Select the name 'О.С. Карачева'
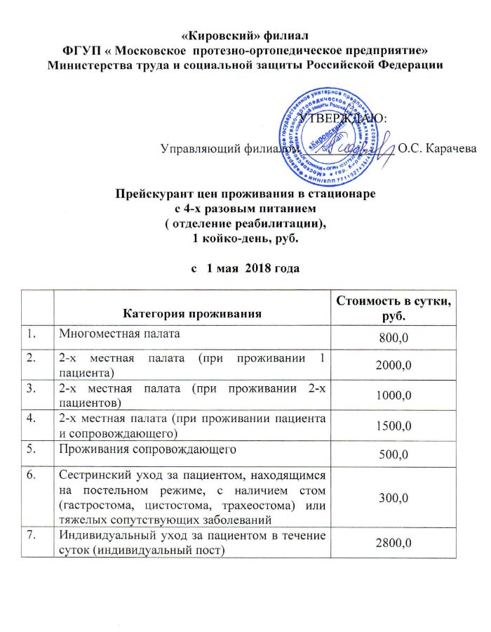pyautogui.click(x=436, y=148)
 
